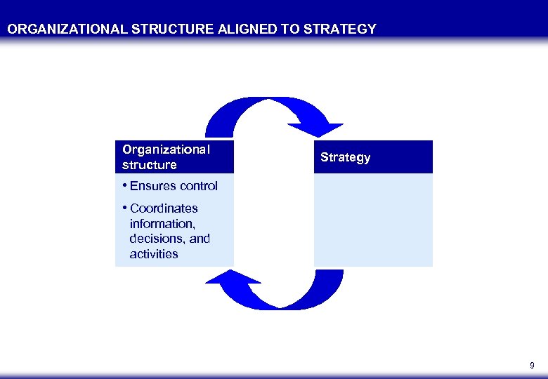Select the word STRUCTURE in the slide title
(150, 29)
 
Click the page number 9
(531, 366)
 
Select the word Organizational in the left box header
(166, 149)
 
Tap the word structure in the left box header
(150, 166)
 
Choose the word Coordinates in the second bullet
(164, 208)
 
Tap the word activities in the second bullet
(154, 254)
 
